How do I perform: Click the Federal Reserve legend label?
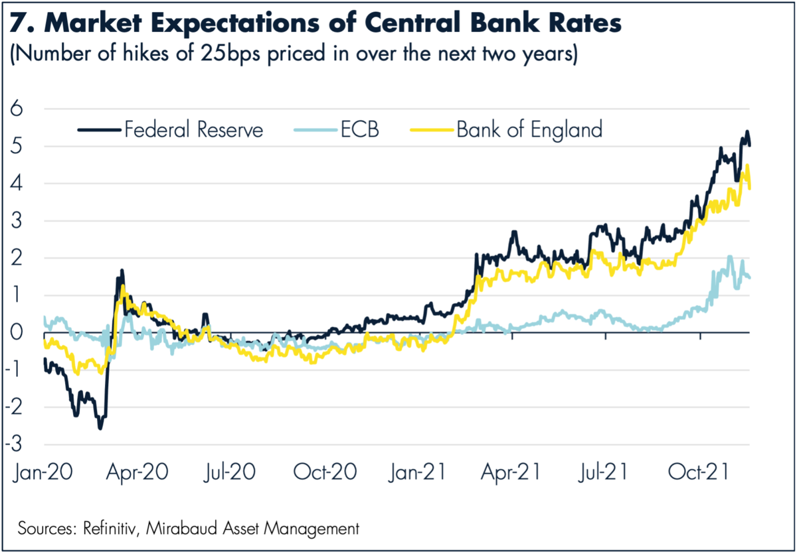click(193, 129)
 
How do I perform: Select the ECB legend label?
click(360, 129)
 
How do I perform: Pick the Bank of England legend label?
click(529, 129)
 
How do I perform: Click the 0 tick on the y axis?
click(15, 332)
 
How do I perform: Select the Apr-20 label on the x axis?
click(137, 472)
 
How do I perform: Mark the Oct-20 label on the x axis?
click(325, 472)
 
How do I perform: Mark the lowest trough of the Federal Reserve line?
click(100, 428)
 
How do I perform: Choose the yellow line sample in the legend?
click(432, 129)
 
